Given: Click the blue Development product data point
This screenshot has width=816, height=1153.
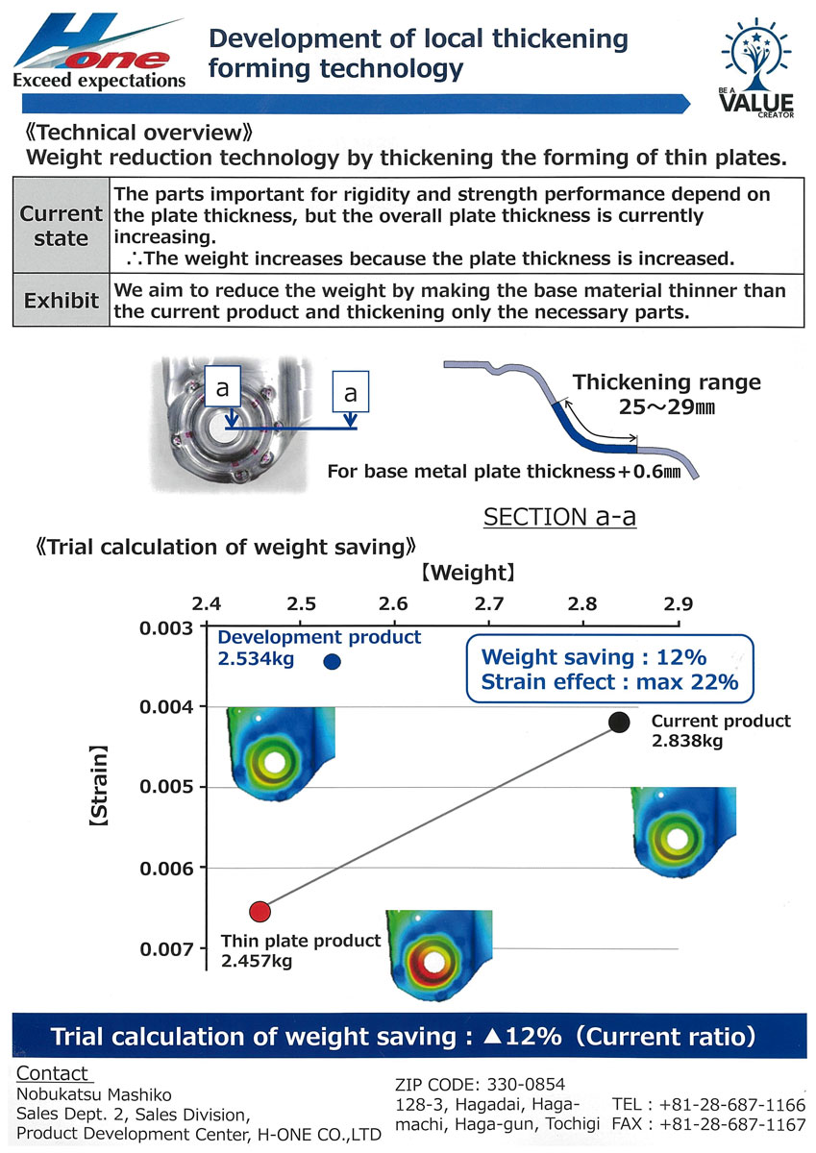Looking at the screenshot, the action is click(332, 661).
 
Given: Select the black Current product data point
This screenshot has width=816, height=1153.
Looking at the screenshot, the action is click(618, 723).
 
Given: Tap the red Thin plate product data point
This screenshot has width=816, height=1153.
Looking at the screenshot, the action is click(260, 912).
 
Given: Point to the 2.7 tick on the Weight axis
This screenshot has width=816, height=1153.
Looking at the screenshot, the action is click(488, 623).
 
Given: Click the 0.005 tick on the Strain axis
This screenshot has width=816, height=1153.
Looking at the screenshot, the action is click(203, 787).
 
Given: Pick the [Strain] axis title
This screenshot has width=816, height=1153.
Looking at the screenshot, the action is click(98, 786).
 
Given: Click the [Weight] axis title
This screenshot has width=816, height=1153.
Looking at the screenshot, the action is click(468, 573).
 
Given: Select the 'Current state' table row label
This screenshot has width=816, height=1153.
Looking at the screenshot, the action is click(62, 226).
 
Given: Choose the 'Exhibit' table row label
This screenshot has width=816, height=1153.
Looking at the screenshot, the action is click(62, 300).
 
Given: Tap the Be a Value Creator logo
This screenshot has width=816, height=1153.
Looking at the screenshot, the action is click(755, 67).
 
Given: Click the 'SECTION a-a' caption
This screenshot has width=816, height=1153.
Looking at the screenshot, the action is click(559, 517).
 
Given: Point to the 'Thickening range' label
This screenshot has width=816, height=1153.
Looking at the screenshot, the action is click(667, 382).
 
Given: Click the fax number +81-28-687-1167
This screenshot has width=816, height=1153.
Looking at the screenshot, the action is click(732, 1125).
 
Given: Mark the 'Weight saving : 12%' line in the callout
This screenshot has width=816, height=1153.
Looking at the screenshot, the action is click(594, 657).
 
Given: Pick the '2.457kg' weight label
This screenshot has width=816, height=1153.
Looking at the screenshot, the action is click(257, 961).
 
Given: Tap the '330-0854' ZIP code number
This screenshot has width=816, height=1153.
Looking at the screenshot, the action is click(526, 1085).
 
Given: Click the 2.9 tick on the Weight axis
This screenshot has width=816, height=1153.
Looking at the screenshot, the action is click(678, 623).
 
